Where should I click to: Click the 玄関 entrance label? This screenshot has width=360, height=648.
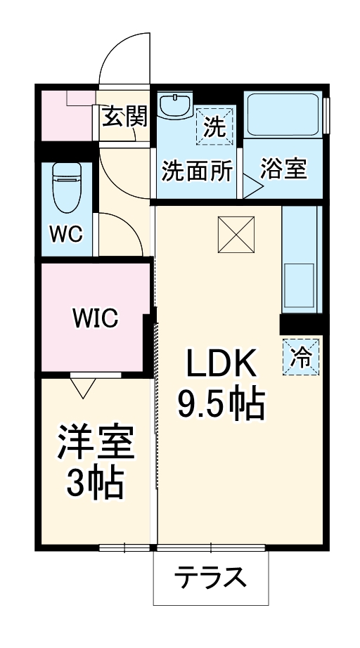coord(125,117)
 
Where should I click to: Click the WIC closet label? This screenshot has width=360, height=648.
coord(96,318)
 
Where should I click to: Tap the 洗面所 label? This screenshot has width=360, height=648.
coord(198,171)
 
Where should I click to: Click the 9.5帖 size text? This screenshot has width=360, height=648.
coord(219,406)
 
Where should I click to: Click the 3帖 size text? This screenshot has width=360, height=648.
coord(94,483)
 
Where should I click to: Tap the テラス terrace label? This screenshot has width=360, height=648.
coord(210,578)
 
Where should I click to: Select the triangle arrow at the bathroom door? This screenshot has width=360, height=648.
coord(252,186)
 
